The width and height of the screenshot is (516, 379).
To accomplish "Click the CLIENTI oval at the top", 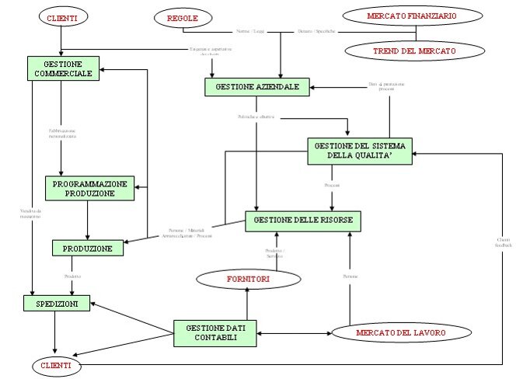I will [61, 16].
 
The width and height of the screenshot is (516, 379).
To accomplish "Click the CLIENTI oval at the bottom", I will [56, 364].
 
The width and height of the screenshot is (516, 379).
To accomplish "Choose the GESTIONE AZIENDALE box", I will [257, 86].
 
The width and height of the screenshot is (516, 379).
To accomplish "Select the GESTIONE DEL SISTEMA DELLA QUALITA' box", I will [360, 150].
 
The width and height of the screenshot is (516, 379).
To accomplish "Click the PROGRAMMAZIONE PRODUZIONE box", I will [89, 188].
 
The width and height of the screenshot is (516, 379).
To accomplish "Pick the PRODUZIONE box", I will [88, 249].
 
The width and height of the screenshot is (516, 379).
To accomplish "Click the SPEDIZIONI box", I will [58, 304].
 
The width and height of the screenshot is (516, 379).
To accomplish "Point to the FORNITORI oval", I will [247, 277].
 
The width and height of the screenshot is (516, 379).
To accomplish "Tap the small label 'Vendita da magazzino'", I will [30, 214].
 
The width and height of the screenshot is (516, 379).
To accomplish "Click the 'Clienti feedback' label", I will [503, 242].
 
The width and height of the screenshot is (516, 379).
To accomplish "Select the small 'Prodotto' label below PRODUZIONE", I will [72, 276].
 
